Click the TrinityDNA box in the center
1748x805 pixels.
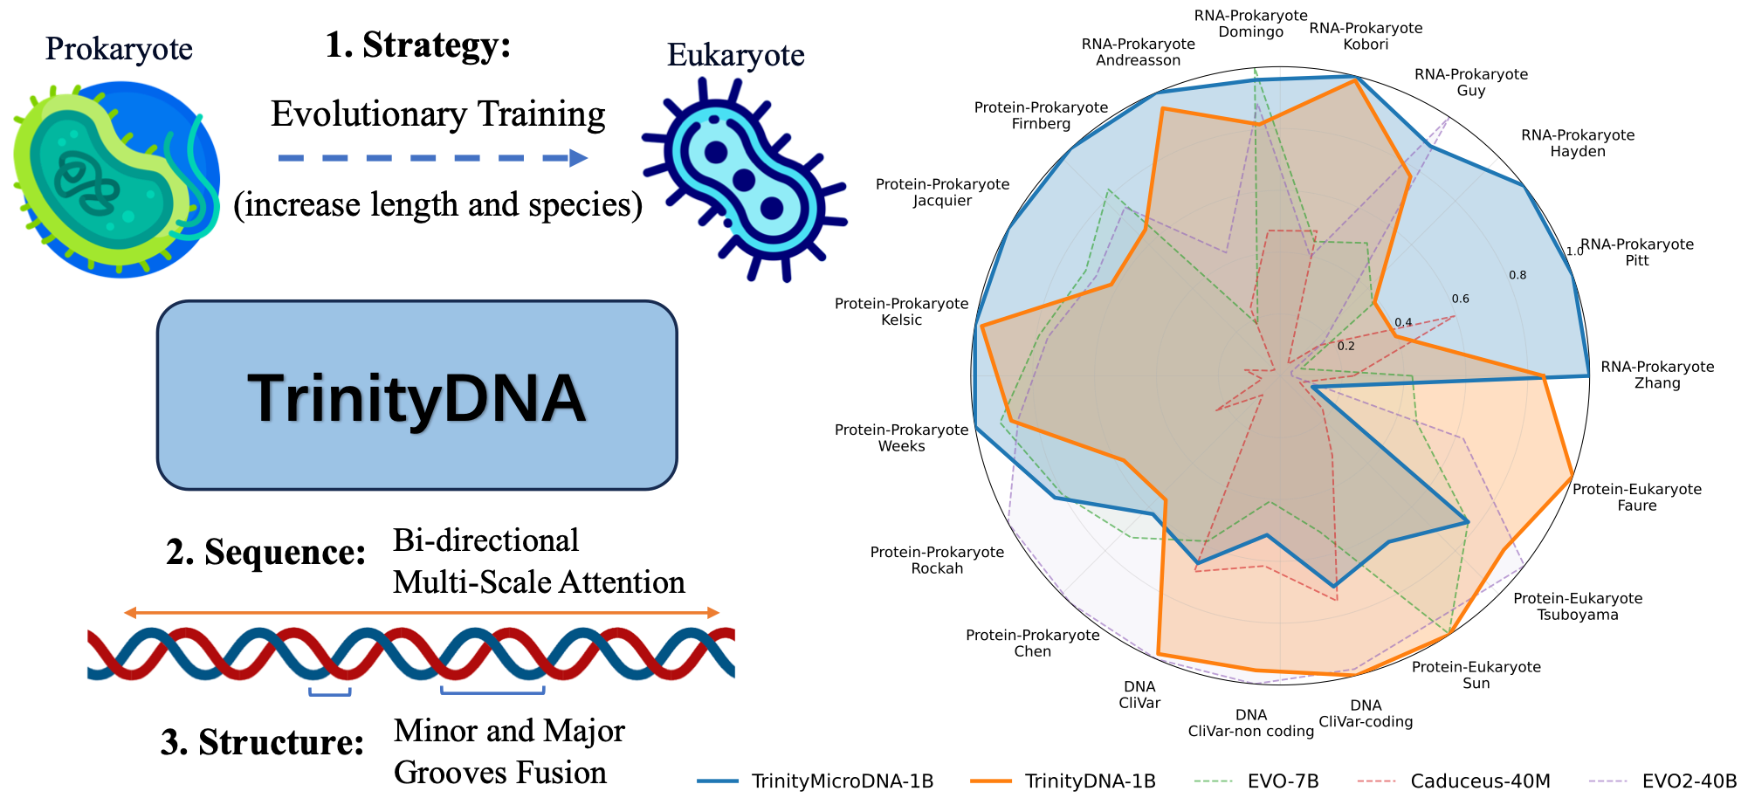416,396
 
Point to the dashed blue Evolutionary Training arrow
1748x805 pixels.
432,158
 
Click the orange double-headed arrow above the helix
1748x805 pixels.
421,613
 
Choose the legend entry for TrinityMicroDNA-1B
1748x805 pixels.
816,781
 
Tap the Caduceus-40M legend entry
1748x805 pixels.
1455,781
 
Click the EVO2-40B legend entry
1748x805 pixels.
1663,781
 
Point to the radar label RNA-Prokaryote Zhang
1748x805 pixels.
1657,375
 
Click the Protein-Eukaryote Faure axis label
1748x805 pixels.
1637,497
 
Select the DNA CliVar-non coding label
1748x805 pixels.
1250,723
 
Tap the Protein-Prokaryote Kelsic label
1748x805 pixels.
901,312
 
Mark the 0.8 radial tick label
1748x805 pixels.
1517,275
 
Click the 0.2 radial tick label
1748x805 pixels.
1345,346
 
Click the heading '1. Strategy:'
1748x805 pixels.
417,45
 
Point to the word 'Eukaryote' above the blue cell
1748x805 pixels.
735,55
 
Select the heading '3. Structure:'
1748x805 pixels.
262,742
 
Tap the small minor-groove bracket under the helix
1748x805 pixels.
329,693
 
